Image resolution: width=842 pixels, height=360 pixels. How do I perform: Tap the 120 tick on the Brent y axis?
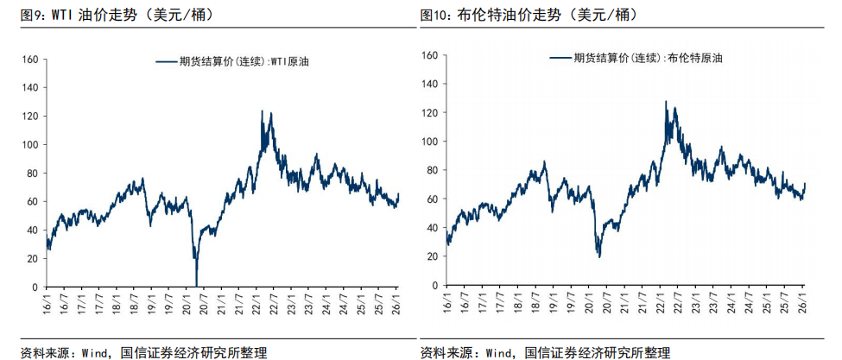click(431, 113)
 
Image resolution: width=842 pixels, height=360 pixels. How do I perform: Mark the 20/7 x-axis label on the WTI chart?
click(205, 304)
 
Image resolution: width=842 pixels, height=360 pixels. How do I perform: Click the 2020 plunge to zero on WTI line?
click(197, 285)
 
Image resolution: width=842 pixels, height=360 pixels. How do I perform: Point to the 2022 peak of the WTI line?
click(263, 111)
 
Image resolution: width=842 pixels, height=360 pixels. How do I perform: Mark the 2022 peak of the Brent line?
click(666, 102)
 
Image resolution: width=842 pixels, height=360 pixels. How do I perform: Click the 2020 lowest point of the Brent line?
click(598, 256)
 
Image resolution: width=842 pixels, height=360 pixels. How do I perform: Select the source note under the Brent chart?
click(546, 352)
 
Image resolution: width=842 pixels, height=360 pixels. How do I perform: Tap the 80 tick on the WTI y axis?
click(32, 174)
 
